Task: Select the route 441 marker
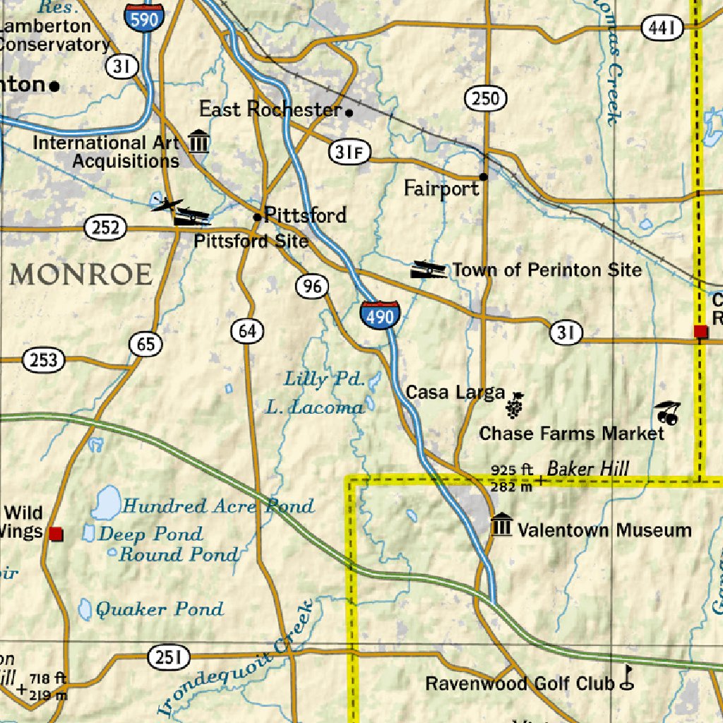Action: [x=663, y=28]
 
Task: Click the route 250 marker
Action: [x=486, y=98]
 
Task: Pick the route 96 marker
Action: [x=311, y=286]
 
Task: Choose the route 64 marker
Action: [x=247, y=330]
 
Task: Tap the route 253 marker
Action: [x=44, y=361]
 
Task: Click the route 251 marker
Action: [x=169, y=658]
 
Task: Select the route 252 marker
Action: [x=105, y=228]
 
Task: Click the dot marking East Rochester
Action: [x=349, y=112]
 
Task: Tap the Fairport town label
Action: [x=441, y=189]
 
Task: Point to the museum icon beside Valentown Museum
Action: [x=501, y=525]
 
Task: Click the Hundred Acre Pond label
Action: [x=217, y=506]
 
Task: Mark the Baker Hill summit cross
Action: [x=541, y=481]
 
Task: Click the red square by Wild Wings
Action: [x=56, y=534]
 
